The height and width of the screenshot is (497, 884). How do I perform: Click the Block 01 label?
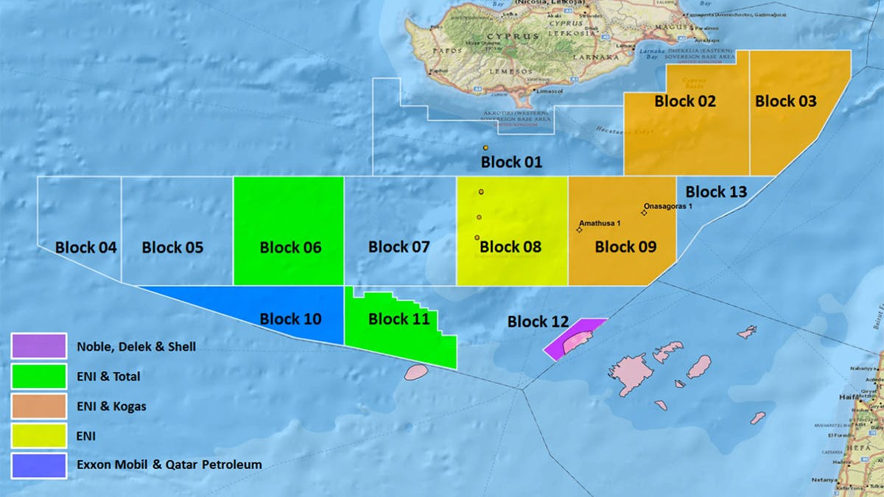point(511,162)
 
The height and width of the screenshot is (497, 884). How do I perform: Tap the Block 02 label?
point(684,102)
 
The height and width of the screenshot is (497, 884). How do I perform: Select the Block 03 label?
point(785,102)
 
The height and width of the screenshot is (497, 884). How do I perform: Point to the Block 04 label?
point(85,247)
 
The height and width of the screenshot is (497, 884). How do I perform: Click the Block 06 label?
point(290,247)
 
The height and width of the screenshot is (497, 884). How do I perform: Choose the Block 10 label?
point(290,320)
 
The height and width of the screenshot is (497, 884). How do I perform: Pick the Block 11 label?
point(399,320)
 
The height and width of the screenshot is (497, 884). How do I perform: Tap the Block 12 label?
point(538,322)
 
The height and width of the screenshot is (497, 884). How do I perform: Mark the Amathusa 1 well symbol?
point(579,230)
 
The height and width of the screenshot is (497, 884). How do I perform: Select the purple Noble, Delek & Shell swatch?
point(39,345)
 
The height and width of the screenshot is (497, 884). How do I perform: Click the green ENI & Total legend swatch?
point(39,376)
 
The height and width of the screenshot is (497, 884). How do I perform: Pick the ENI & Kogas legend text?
point(111,406)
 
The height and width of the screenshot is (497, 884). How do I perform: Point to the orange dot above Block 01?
point(486,149)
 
